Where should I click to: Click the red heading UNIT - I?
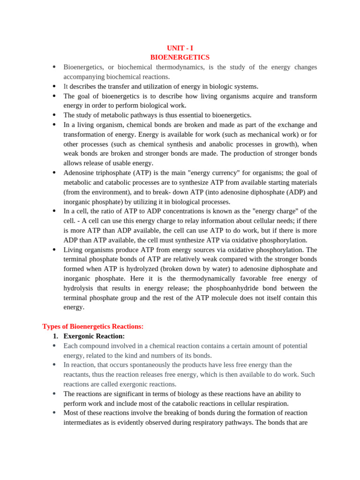tap(180, 48)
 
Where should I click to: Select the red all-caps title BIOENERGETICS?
tap(180, 57)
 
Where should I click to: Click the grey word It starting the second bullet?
tap(66, 86)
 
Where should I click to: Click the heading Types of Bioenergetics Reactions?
tap(93, 326)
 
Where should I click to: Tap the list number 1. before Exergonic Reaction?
tap(55, 336)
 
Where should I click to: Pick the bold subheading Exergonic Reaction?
tap(94, 336)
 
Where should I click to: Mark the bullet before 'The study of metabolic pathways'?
tap(54, 115)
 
